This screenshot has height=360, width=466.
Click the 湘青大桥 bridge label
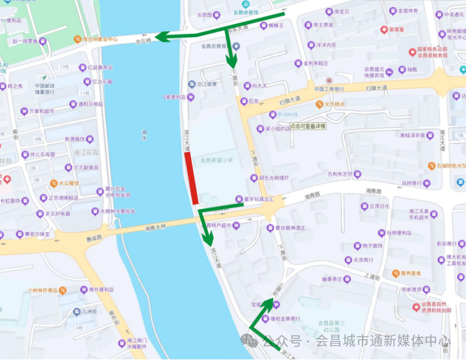pos(157,227)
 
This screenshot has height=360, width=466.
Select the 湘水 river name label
pos(144,135)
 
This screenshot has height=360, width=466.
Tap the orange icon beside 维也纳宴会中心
pos(85,40)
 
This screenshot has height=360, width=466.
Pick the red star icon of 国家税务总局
pos(411,51)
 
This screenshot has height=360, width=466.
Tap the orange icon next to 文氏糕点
pos(319,103)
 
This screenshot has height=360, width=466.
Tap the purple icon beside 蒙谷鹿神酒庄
pos(270,228)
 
